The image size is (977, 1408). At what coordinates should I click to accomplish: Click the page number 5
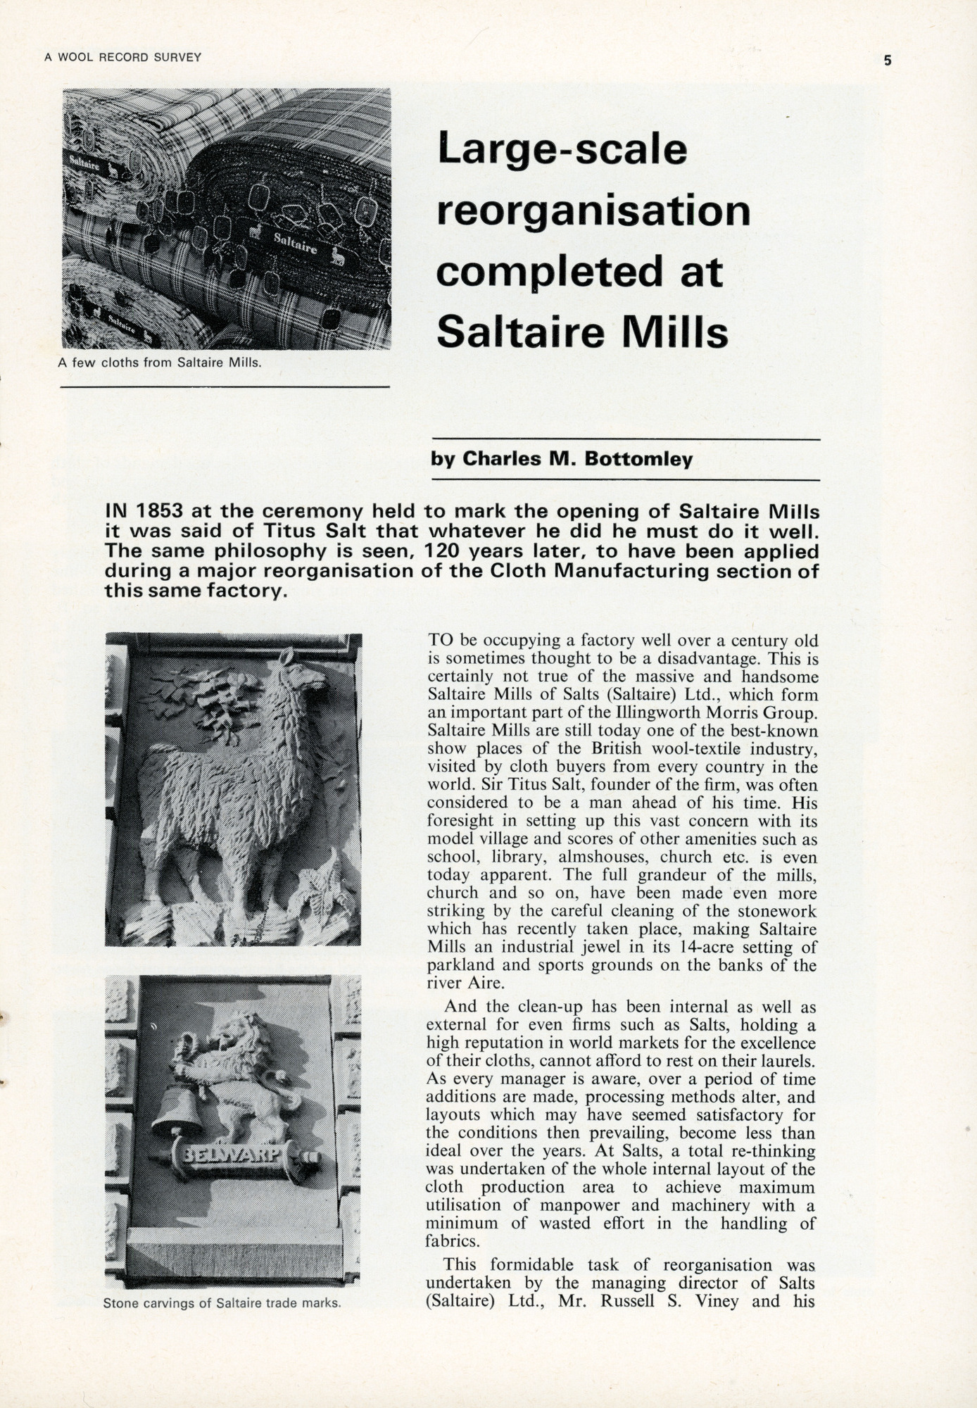(888, 61)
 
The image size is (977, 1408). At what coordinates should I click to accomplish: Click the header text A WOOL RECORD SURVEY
(123, 58)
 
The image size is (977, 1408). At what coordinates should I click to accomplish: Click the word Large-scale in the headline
(561, 150)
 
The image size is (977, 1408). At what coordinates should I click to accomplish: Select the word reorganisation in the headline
(593, 210)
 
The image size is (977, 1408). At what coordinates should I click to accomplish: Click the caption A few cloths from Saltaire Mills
(160, 364)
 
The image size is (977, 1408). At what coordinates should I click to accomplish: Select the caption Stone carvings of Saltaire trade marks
(222, 1303)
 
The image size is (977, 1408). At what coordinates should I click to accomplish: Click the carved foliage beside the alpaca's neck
(211, 700)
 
